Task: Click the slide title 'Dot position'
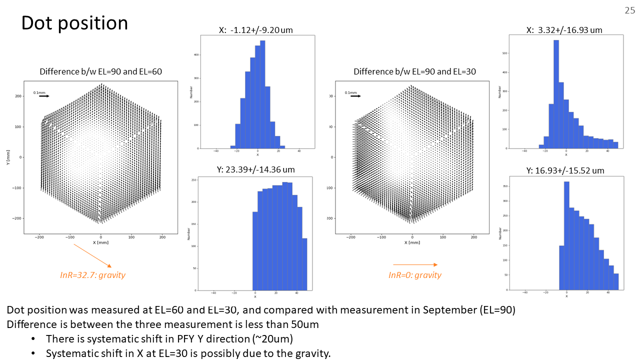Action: pyautogui.click(x=74, y=23)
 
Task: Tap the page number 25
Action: pyautogui.click(x=629, y=10)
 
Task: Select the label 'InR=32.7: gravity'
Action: pyautogui.click(x=92, y=275)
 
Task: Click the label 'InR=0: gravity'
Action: pyautogui.click(x=415, y=275)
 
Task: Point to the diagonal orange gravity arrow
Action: pyautogui.click(x=92, y=255)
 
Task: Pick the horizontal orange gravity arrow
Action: pyautogui.click(x=415, y=264)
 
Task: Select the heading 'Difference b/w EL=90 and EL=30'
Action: pyautogui.click(x=414, y=72)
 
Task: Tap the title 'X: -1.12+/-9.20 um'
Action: pyautogui.click(x=255, y=30)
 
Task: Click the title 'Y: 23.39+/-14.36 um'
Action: pyautogui.click(x=255, y=170)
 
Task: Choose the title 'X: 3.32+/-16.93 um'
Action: pyautogui.click(x=564, y=30)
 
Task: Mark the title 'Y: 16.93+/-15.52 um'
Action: pyautogui.click(x=565, y=170)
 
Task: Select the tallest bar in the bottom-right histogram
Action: pyautogui.click(x=566, y=235)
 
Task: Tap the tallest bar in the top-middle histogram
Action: pyautogui.click(x=262, y=95)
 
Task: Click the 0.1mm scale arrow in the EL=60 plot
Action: pyautogui.click(x=44, y=96)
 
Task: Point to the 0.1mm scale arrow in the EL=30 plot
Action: pyautogui.click(x=355, y=96)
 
